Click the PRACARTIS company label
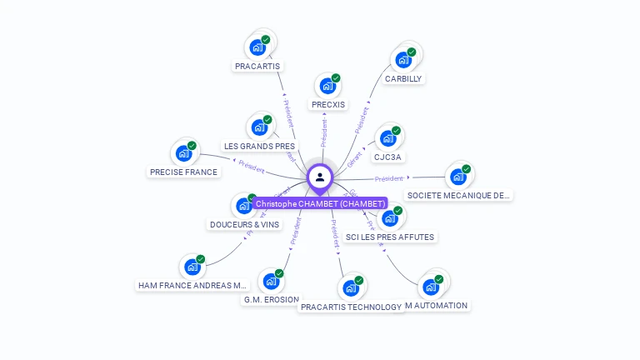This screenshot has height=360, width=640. [x=258, y=65]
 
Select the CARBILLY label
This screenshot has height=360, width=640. [x=403, y=78]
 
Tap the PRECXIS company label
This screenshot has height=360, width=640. [x=327, y=104]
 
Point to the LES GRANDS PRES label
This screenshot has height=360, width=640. [x=259, y=146]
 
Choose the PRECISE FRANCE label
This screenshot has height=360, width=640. [x=183, y=172]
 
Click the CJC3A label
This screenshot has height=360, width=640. [x=387, y=157]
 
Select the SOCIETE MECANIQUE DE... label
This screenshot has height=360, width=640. [x=457, y=195]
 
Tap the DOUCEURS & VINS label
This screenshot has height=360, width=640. [x=244, y=224]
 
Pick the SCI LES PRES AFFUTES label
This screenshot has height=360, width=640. [x=390, y=237]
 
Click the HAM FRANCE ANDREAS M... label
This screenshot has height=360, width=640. [x=193, y=285]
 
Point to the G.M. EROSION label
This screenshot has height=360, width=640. [x=271, y=299]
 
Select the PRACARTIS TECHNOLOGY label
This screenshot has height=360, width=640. [x=351, y=307]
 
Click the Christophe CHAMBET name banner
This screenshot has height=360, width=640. [x=320, y=203]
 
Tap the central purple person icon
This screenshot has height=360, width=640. [x=320, y=177]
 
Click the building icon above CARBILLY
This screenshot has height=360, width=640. [x=403, y=59]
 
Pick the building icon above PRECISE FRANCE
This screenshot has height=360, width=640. [x=183, y=153]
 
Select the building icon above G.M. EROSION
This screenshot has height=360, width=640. [x=271, y=281]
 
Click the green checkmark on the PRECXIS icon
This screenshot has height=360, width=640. [x=336, y=78]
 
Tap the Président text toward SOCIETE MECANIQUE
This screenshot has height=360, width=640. [x=388, y=178]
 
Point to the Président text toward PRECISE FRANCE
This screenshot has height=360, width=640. [x=251, y=165]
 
